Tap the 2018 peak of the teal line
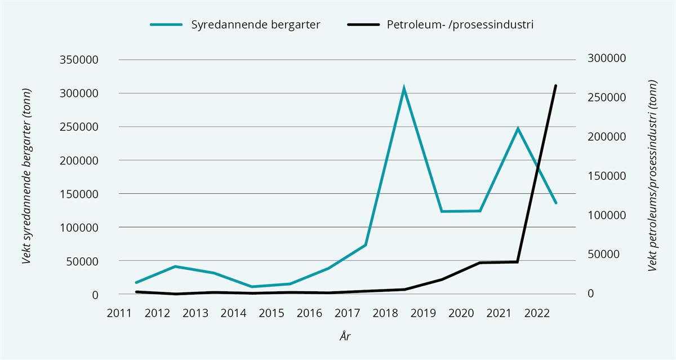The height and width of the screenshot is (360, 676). (404, 88)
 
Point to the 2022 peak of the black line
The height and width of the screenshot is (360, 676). (556, 86)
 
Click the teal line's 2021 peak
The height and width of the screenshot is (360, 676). (518, 128)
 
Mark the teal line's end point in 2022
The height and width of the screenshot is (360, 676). (556, 203)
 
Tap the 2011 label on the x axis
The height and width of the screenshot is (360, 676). (119, 313)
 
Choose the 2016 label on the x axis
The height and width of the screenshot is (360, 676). (309, 313)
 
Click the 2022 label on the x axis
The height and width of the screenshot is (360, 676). (537, 313)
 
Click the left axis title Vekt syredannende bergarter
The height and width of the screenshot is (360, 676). (26, 176)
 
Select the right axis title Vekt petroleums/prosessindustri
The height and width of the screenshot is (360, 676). (653, 176)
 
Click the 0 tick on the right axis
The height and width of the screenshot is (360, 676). (590, 294)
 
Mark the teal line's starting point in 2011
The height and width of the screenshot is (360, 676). (136, 282)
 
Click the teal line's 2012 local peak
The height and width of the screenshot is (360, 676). (175, 266)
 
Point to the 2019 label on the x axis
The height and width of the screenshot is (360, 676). (423, 313)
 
